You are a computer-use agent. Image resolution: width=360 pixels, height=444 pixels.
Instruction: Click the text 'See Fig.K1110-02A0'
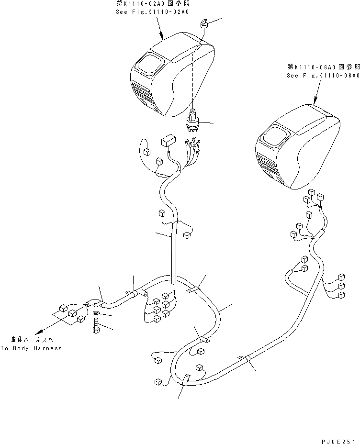pyautogui.click(x=150, y=11)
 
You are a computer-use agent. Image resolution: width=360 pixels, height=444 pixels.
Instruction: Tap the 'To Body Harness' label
pyautogui.click(x=31, y=348)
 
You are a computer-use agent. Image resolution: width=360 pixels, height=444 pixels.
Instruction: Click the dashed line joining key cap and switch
pyautogui.click(x=193, y=77)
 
